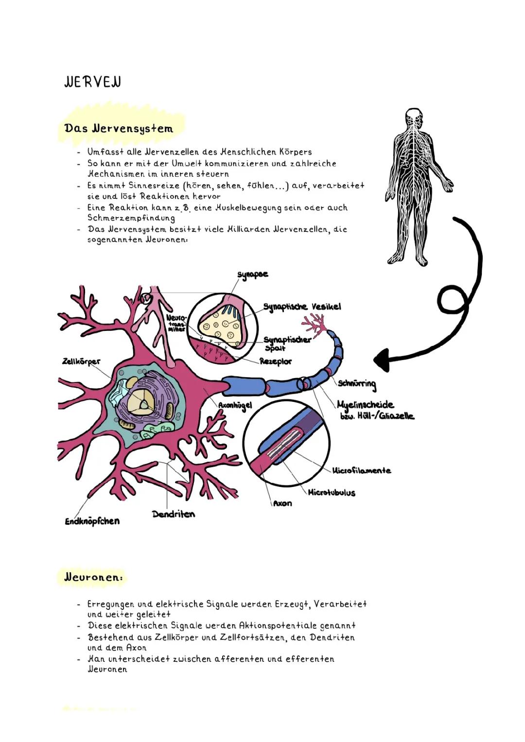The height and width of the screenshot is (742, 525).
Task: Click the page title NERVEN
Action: coord(92,82)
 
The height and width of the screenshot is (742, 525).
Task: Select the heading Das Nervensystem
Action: coord(118,129)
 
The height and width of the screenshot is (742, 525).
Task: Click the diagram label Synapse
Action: coord(252,275)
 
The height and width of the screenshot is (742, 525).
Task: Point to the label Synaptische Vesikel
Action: coord(302,307)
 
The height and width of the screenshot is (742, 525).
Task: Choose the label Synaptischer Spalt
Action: coord(286,343)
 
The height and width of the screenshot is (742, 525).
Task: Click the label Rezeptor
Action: coord(276,362)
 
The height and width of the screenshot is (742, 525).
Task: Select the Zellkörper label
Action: coord(81,362)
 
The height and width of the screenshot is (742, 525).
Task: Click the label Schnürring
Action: coord(357,384)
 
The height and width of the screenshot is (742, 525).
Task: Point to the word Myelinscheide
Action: coord(365,405)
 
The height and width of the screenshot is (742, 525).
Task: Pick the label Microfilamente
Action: coord(362,470)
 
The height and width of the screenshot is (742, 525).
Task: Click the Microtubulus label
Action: coord(332,493)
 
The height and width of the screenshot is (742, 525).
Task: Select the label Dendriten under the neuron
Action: coord(173,514)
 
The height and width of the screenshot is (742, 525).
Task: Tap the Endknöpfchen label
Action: coord(92,521)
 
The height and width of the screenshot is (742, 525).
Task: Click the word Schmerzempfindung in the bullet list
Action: coord(131,218)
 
